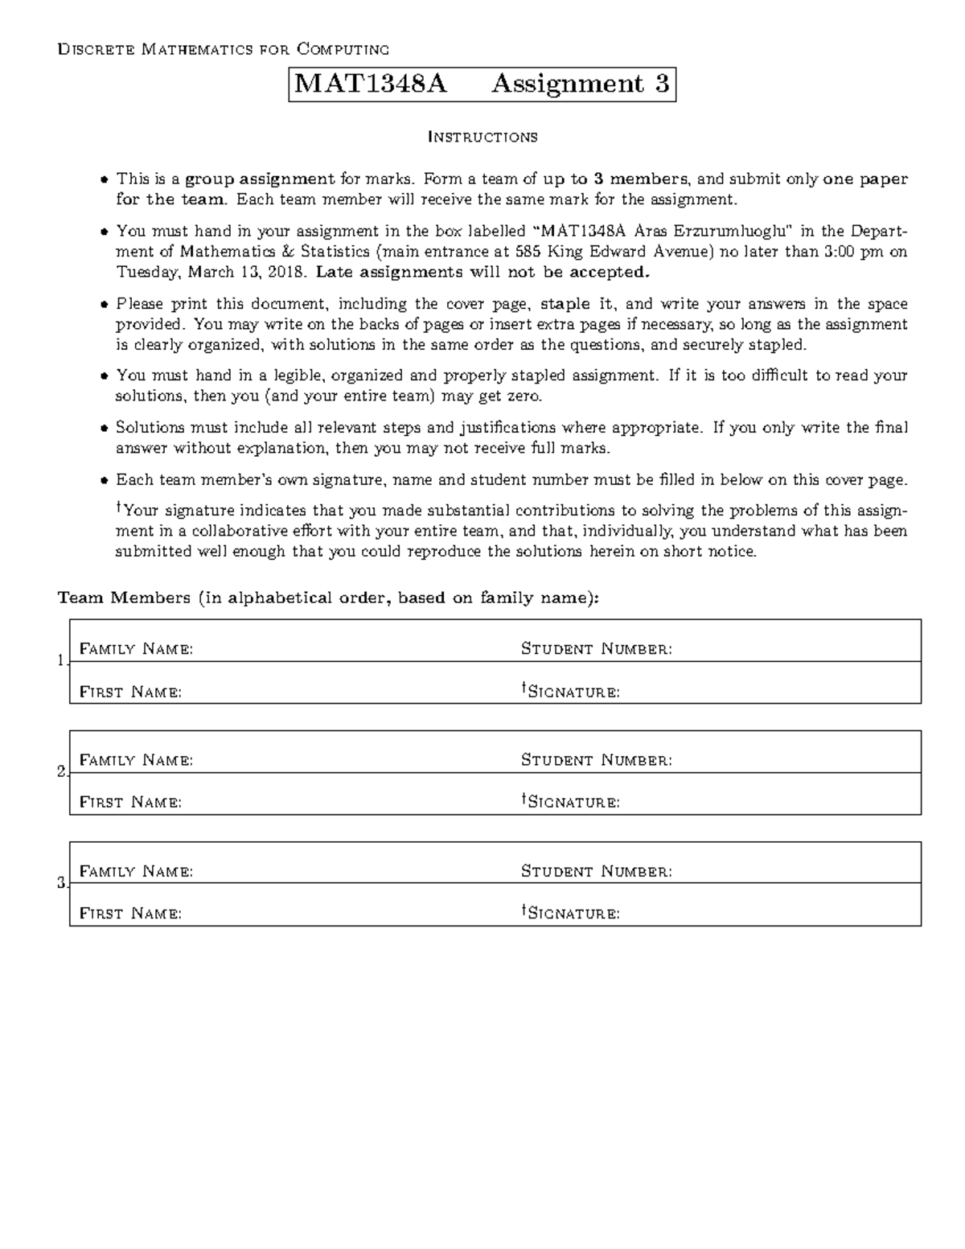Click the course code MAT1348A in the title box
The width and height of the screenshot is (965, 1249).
[371, 84]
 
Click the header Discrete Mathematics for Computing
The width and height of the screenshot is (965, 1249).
[223, 50]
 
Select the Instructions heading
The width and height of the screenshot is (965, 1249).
[482, 137]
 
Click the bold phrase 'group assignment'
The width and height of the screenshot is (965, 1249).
[260, 179]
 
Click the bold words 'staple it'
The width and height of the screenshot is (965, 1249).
[576, 304]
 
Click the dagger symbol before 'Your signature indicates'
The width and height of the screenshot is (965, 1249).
[120, 507]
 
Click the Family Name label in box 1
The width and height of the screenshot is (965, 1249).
[136, 649]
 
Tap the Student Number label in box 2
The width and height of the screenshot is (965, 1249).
[596, 760]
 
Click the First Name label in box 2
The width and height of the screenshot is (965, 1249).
[130, 803]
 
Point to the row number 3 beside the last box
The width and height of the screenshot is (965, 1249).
[62, 884]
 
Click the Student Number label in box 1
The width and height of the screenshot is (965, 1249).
[596, 649]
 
